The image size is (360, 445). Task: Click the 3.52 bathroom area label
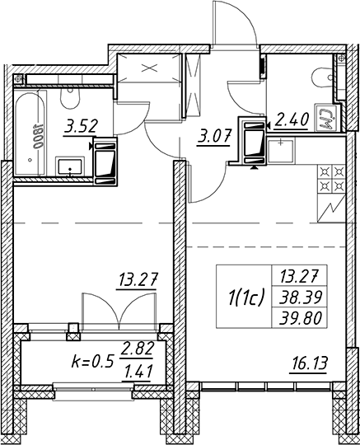pos(81,127)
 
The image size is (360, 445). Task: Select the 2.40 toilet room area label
pos(291,120)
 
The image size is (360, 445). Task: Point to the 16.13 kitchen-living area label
pos(308,363)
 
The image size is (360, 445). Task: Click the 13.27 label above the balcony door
pos(138,280)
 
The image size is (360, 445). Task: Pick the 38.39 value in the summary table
pos(301,297)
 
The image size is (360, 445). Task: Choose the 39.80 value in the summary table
pos(301,318)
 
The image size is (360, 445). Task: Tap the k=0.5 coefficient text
pos(92,362)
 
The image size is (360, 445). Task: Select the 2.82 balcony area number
pos(137,349)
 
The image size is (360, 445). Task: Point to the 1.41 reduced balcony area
pos(137,372)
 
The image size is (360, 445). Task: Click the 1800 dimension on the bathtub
pos(37,137)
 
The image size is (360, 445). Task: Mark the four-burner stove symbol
pos(332,180)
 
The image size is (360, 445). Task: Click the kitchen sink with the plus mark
pos(281,151)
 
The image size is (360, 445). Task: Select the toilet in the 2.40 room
pos(324,77)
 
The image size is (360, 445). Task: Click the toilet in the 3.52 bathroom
pos(70,97)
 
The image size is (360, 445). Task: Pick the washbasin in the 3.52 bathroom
pos(70,166)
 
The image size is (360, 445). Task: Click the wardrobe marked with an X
pos(149,68)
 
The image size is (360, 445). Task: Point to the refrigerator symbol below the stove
pos(332,208)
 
